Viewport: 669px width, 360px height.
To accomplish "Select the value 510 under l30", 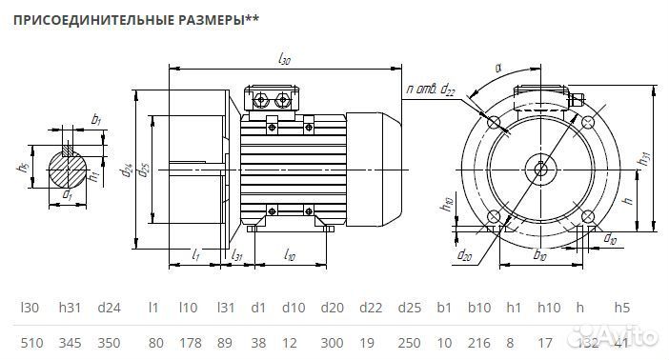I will (x=30, y=339).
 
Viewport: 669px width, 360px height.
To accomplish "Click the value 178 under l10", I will (x=188, y=339).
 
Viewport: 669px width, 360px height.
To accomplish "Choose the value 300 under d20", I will (x=333, y=339).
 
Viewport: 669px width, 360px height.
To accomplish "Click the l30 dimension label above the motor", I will (x=285, y=59).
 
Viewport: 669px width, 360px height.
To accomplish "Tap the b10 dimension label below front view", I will (x=540, y=255).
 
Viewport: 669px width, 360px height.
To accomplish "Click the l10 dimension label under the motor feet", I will (x=290, y=256).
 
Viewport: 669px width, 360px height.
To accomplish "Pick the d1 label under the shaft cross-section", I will (x=68, y=195).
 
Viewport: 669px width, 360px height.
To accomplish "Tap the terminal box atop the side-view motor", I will (x=273, y=99).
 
